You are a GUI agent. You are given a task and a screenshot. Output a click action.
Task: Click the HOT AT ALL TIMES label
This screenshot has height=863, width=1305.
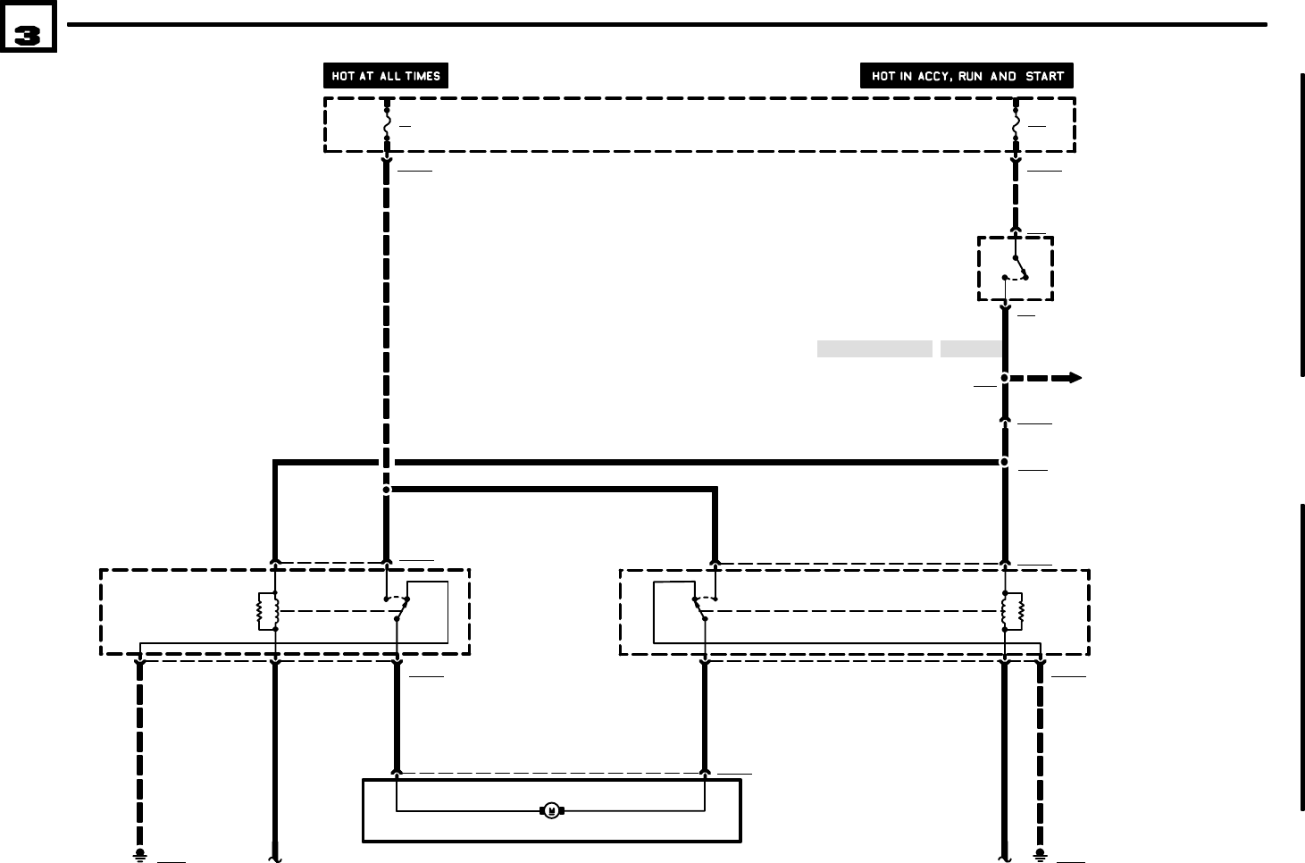(x=385, y=76)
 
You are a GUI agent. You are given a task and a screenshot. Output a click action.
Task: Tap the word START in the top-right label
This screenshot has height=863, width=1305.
(x=1044, y=76)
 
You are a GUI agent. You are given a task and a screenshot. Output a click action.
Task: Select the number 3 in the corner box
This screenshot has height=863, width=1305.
(x=28, y=36)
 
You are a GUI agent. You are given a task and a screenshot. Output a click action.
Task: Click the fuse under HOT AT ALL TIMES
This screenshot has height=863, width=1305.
(x=387, y=125)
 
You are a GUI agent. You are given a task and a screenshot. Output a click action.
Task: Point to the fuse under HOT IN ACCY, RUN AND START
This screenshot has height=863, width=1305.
(x=1016, y=125)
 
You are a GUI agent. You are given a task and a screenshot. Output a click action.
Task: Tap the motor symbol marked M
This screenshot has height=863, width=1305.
(x=551, y=811)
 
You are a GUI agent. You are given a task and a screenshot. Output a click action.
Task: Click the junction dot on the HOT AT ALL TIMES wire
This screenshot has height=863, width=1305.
(x=387, y=490)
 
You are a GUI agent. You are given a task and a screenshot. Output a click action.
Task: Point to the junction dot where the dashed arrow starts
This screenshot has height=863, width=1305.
(x=1004, y=378)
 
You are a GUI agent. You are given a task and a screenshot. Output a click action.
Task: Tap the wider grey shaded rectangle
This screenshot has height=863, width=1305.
(x=874, y=349)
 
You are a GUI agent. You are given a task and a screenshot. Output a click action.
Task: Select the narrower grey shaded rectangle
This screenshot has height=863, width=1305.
(x=970, y=349)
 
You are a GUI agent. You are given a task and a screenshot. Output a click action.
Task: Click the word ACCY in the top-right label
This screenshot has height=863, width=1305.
(x=936, y=76)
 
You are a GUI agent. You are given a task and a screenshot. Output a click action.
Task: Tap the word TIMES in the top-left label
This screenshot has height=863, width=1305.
(x=422, y=76)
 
